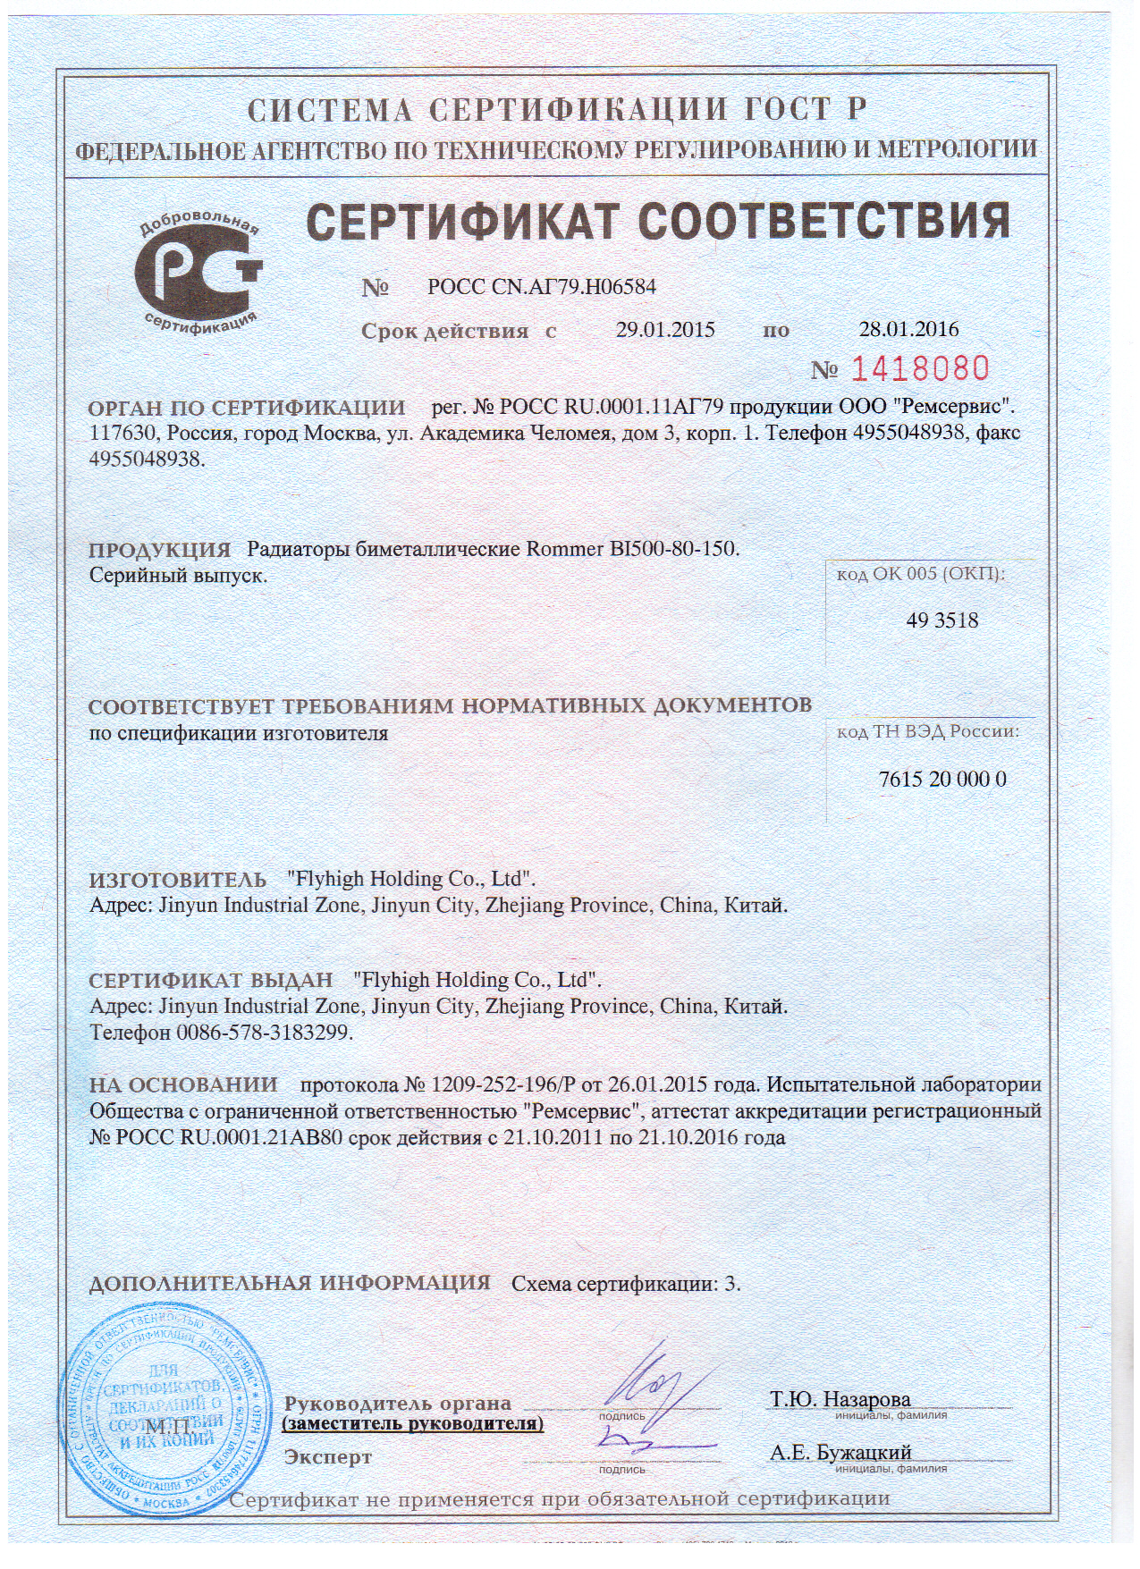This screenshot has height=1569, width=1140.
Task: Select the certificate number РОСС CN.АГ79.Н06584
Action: (x=542, y=288)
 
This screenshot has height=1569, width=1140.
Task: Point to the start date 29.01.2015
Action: (x=665, y=330)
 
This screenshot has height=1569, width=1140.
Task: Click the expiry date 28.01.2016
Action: (x=908, y=329)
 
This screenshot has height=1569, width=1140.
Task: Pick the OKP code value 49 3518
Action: (x=942, y=620)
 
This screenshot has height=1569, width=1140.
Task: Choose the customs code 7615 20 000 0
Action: (x=942, y=779)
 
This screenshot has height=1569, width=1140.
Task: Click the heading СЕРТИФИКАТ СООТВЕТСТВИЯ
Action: (x=658, y=221)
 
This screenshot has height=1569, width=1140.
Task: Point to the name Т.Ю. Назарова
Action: (x=840, y=1399)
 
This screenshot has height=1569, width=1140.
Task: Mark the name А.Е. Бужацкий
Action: (x=840, y=1453)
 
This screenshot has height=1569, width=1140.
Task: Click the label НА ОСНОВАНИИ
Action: (x=183, y=1085)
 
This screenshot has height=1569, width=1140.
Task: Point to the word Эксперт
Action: (x=328, y=1457)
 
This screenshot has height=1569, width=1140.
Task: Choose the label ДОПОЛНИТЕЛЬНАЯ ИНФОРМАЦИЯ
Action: (x=291, y=1283)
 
